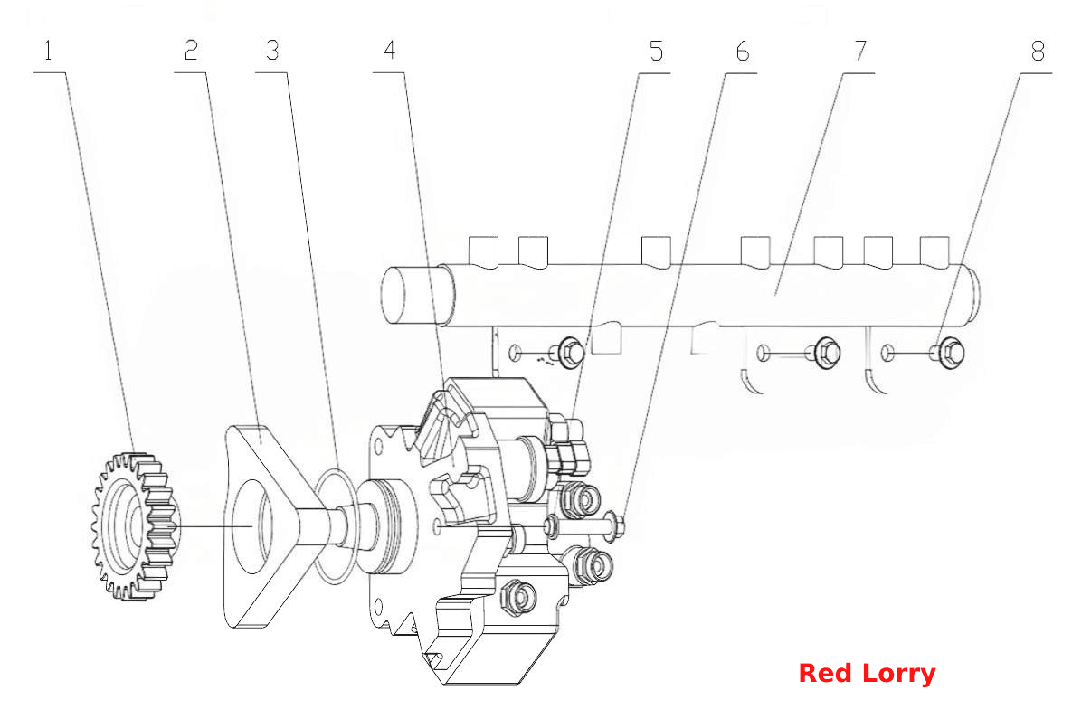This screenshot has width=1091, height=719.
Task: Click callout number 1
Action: click(x=48, y=51)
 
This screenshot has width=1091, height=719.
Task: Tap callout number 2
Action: click(x=191, y=51)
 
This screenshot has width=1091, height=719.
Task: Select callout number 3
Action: click(x=272, y=51)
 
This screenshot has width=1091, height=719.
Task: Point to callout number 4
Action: click(x=389, y=51)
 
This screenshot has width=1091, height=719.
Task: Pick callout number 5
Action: click(x=656, y=52)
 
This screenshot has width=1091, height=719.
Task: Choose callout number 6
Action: click(x=743, y=52)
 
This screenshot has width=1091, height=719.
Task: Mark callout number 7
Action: click(x=860, y=51)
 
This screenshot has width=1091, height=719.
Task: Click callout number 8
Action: click(x=1038, y=52)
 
